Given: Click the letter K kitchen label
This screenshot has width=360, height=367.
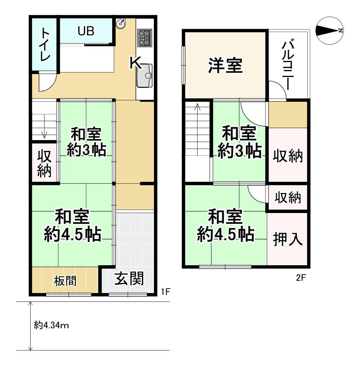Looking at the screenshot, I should (136, 63).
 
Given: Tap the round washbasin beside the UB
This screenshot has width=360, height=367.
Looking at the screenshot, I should (121, 23).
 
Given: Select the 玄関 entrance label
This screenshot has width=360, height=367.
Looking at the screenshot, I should (129, 279).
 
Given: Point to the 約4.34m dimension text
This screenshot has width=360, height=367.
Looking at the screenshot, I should (52, 326).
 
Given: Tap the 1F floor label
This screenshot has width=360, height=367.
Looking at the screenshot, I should (165, 291).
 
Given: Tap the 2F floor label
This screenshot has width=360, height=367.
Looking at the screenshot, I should (301, 278).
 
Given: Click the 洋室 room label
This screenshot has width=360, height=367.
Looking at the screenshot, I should (225, 65).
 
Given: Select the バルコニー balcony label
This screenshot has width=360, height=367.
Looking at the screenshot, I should (288, 65).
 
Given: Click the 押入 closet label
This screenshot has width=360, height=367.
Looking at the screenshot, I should (288, 239).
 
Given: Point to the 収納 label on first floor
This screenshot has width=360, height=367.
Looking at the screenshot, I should (44, 163).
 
